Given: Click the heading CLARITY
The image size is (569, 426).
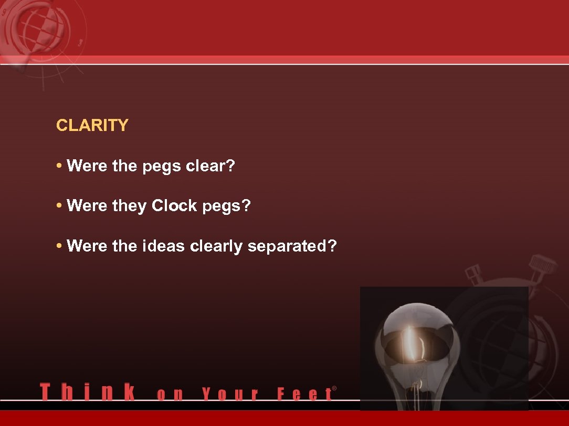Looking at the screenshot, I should click(x=92, y=126).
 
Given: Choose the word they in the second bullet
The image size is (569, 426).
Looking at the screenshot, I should click(x=129, y=206).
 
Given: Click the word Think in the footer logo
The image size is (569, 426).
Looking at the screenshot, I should click(x=87, y=392).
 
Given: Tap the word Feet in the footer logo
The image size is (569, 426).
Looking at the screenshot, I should click(x=304, y=394).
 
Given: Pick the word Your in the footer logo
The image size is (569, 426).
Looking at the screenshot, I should click(x=230, y=394).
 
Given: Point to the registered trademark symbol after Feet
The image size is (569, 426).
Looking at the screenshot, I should click(x=334, y=389).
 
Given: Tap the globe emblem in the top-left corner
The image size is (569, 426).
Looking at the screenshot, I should click(x=36, y=29).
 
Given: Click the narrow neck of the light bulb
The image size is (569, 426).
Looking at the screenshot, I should click(x=417, y=390).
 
